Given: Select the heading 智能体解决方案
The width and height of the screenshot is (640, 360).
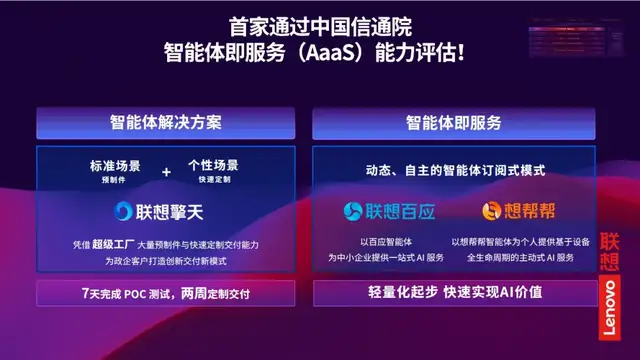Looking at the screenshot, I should pyautogui.click(x=166, y=123).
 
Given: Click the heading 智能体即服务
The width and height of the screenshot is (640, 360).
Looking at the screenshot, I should pyautogui.click(x=453, y=123).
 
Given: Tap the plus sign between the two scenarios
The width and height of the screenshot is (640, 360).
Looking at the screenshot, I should pyautogui.click(x=167, y=171).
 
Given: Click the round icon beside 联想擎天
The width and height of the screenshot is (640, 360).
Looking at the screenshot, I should pyautogui.click(x=120, y=212).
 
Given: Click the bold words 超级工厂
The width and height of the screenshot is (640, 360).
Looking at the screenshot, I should pyautogui.click(x=111, y=244).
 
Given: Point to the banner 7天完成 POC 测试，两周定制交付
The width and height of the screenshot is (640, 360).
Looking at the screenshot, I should pyautogui.click(x=165, y=294).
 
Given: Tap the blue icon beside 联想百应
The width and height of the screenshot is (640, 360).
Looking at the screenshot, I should pyautogui.click(x=354, y=211).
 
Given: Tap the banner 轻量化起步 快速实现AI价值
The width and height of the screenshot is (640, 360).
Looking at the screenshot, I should pyautogui.click(x=453, y=294).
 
